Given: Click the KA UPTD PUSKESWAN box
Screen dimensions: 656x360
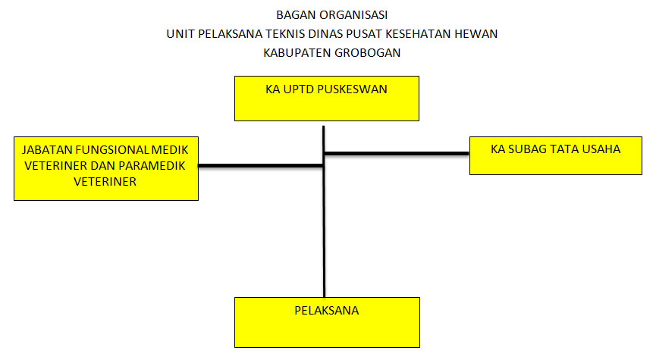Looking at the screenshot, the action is point(327,99).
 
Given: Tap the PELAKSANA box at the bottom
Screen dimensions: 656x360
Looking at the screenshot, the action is point(327,322).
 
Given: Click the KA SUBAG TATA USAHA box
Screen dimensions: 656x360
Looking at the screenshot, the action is point(556,155).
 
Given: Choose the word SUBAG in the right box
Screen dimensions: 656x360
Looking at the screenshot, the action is point(525,149).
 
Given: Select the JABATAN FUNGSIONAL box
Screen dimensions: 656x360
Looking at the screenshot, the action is point(106,168).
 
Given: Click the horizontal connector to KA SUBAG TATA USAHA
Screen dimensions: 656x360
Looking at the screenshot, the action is point(397,153).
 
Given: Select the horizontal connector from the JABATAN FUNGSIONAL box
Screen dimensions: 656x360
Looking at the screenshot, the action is point(261,166).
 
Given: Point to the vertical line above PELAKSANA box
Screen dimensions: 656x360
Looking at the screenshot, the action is point(324,211).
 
